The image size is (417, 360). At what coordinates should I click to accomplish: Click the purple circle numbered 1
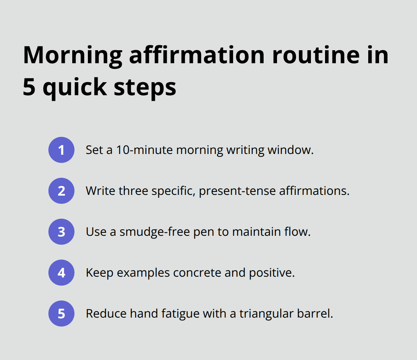click(x=61, y=150)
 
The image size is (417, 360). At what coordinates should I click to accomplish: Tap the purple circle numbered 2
click(x=61, y=191)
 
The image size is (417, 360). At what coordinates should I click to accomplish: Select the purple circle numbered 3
click(x=61, y=232)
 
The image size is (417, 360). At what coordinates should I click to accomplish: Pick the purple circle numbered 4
click(x=61, y=273)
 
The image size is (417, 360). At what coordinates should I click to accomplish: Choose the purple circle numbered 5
click(x=61, y=314)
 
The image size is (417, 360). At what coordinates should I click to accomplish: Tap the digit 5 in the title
click(x=29, y=87)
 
